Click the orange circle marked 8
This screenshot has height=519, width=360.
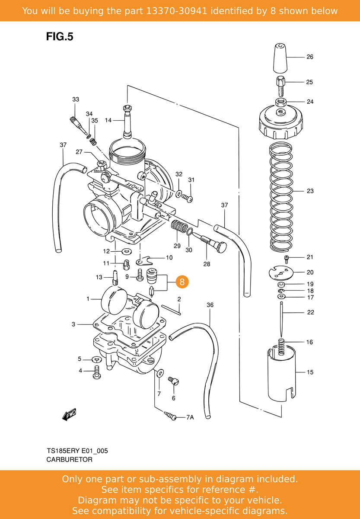click(182, 282)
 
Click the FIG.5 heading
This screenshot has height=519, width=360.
click(60, 37)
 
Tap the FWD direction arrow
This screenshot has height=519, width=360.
click(69, 415)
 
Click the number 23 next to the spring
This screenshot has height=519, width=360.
click(310, 191)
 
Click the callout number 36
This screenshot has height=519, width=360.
click(210, 305)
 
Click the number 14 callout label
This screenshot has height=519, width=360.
click(108, 120)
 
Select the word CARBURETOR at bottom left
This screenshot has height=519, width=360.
click(69, 459)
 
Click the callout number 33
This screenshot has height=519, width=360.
click(76, 99)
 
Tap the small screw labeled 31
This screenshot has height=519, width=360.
click(188, 198)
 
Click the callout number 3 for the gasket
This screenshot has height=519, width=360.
click(73, 324)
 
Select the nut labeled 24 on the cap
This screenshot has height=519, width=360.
click(281, 103)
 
